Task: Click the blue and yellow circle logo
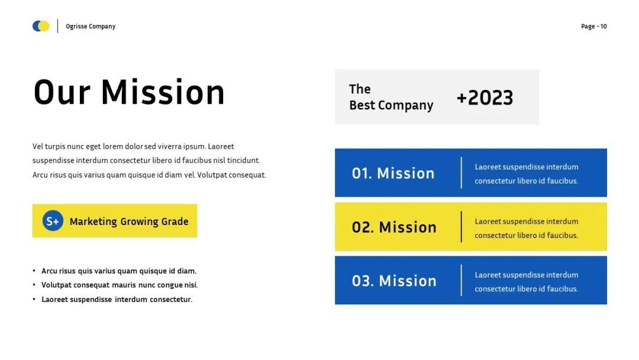[x=41, y=26]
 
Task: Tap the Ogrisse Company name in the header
[x=91, y=26]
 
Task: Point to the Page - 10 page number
[x=594, y=26]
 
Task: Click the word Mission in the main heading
[x=163, y=92]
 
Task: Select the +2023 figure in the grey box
[x=485, y=98]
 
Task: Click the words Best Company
[x=391, y=105]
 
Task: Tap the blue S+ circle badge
[x=53, y=221]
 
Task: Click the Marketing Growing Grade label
[x=129, y=221]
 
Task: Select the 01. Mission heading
[x=393, y=173]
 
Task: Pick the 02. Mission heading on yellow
[x=394, y=227]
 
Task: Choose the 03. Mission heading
[x=394, y=281]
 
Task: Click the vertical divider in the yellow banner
[x=461, y=227]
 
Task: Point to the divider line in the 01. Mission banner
[x=461, y=173]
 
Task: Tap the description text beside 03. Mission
[x=527, y=282]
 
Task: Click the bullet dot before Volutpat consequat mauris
[x=34, y=285]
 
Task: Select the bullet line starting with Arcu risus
[x=119, y=271]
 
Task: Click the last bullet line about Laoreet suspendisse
[x=117, y=299]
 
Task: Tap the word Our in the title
[x=62, y=92]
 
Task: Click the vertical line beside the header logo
[x=57, y=26]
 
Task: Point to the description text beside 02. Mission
[x=527, y=229]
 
